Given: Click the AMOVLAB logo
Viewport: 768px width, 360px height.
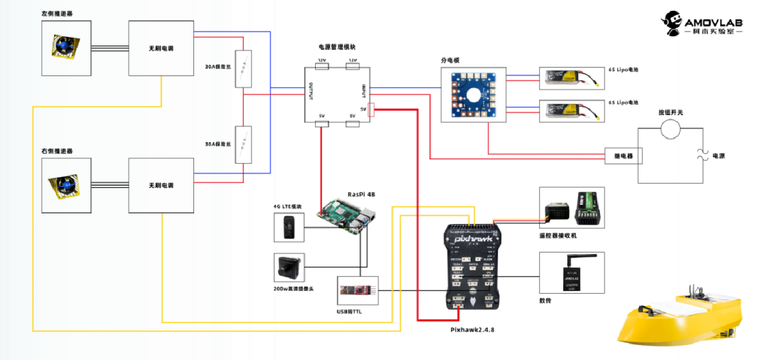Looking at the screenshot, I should tap(703, 23).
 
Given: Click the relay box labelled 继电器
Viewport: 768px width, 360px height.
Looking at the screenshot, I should tap(623, 155).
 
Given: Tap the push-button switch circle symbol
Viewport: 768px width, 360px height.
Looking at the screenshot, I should tap(668, 128).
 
